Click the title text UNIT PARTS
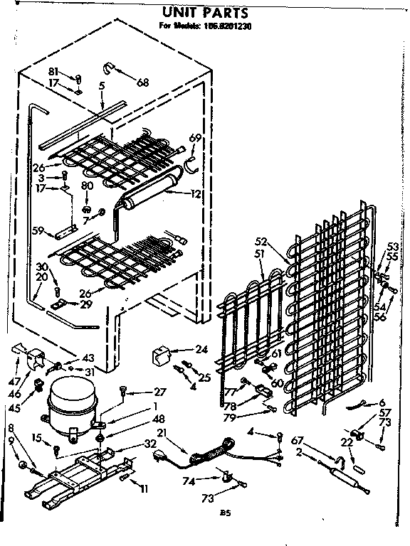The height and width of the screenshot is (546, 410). (x=204, y=12)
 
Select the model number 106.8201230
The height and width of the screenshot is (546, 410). (x=228, y=27)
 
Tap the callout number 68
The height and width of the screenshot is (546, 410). (x=143, y=82)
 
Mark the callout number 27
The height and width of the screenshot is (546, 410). (x=159, y=392)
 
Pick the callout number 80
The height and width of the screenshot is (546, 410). (x=87, y=186)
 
